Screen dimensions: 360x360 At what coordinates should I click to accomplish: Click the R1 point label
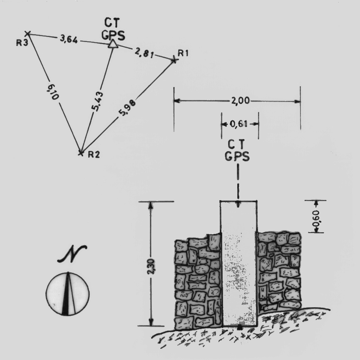click(184, 53)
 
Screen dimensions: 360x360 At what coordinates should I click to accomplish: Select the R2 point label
click(94, 154)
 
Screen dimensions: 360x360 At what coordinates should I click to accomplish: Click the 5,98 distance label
click(127, 108)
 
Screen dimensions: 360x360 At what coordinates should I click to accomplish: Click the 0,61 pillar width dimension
click(240, 124)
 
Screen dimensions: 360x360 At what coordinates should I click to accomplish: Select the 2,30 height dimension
click(151, 263)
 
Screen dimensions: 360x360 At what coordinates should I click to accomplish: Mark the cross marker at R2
click(81, 153)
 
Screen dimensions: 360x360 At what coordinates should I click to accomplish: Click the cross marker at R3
click(27, 33)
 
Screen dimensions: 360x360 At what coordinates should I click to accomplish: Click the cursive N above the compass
click(72, 255)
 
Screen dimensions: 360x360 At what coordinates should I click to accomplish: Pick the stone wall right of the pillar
click(278, 271)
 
